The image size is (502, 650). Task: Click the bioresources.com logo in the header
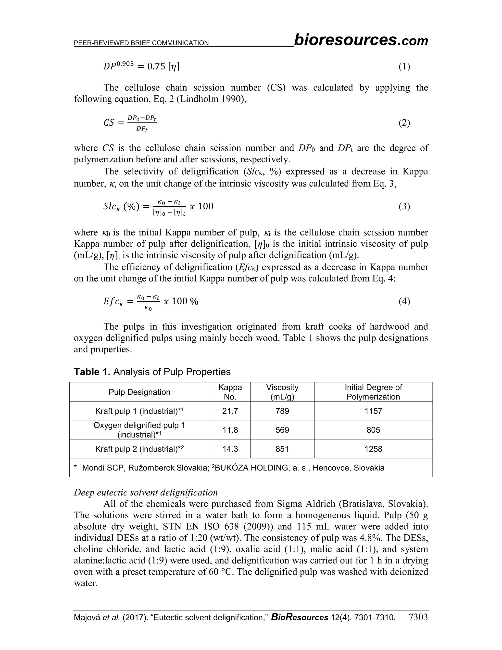(361, 40)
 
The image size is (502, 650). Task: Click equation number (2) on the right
(404, 123)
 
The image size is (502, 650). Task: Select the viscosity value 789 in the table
(282, 411)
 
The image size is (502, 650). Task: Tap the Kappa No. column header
(230, 392)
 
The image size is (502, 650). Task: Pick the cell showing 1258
(373, 449)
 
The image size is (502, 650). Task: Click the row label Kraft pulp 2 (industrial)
(139, 449)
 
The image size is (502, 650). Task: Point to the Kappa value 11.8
(230, 430)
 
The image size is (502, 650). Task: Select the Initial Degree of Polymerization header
(373, 392)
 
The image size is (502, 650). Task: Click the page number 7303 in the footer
(418, 617)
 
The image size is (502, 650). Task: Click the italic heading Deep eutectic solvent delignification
(146, 492)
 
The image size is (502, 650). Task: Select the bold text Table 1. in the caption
(92, 372)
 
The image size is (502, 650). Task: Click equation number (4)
(404, 301)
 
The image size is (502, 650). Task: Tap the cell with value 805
(373, 430)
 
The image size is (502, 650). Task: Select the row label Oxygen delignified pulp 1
(139, 426)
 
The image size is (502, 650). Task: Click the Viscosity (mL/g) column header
(282, 392)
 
